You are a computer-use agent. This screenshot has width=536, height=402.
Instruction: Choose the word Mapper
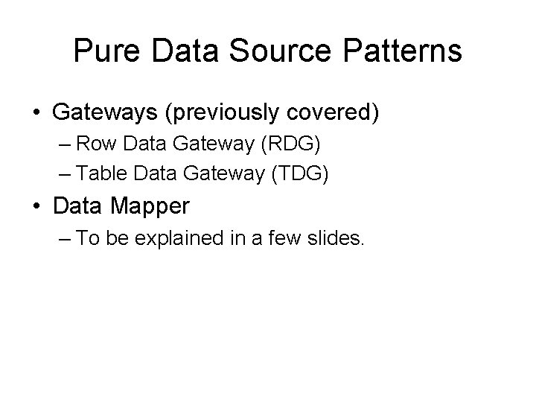coord(159,207)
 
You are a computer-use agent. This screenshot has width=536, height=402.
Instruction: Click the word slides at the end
coord(336,240)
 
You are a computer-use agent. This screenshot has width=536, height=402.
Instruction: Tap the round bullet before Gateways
coord(36,114)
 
